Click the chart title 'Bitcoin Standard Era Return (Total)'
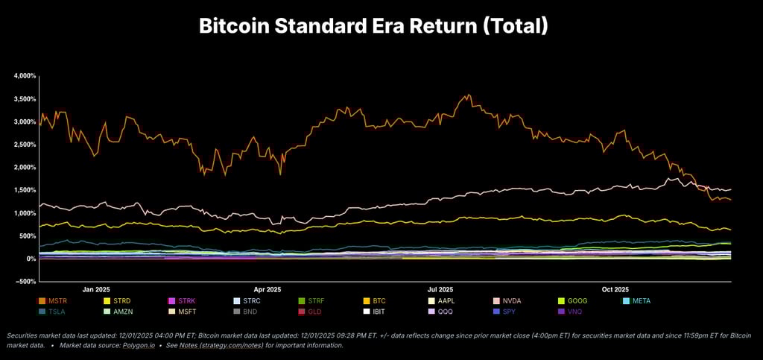pos(373,26)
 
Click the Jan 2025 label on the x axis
pos(96,289)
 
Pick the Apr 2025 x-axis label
pos(267,289)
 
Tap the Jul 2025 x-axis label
pos(440,289)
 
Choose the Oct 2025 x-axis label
pos(615,289)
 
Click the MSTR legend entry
pos(53,300)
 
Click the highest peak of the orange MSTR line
pos(467,95)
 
